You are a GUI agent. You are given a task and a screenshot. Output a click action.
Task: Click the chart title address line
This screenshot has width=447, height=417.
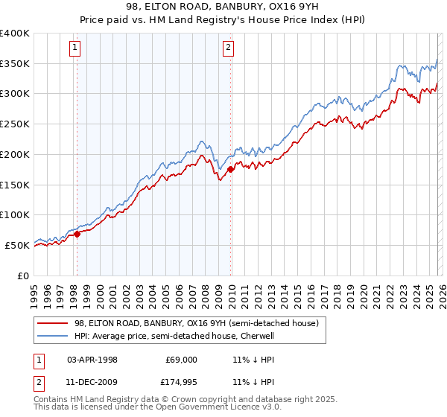pyautogui.click(x=223, y=7)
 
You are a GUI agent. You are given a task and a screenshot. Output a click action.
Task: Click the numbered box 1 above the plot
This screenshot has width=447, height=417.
pyautogui.click(x=76, y=49)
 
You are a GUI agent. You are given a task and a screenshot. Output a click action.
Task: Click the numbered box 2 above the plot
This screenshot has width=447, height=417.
pyautogui.click(x=227, y=49)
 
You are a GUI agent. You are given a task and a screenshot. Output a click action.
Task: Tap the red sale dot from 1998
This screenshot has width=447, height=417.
pyautogui.click(x=77, y=234)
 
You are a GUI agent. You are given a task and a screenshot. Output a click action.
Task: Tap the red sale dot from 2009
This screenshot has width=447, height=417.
pyautogui.click(x=231, y=169)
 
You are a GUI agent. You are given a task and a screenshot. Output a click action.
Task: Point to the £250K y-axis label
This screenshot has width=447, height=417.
pyautogui.click(x=15, y=124)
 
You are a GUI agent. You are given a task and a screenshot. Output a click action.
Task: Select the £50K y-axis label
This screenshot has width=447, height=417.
pyautogui.click(x=17, y=244)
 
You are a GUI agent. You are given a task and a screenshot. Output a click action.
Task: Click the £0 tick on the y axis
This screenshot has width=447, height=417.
pyautogui.click(x=24, y=275)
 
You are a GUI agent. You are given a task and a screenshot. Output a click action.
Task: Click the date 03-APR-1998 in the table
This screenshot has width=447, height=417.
pyautogui.click(x=92, y=359)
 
